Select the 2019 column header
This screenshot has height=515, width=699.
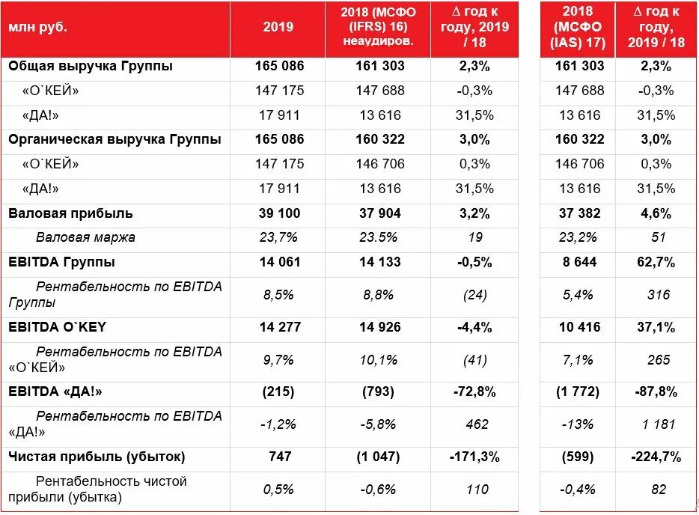point(278,27)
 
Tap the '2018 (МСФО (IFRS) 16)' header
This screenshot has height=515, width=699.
point(378,27)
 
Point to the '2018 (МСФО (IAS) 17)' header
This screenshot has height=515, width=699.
point(579,27)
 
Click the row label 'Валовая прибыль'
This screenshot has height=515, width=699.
point(70,213)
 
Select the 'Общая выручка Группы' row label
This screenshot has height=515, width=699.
point(91,66)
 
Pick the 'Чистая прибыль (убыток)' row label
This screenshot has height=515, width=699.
point(97,456)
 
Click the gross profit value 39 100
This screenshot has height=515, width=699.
point(278,213)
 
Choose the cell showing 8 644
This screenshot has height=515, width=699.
point(579,262)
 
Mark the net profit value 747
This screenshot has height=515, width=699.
point(278,456)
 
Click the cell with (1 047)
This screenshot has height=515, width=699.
point(378,456)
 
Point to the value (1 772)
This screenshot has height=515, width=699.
point(579,391)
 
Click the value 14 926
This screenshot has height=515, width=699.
point(378,326)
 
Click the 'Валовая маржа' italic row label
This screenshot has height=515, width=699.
point(85,237)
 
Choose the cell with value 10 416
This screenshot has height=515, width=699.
point(579,326)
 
